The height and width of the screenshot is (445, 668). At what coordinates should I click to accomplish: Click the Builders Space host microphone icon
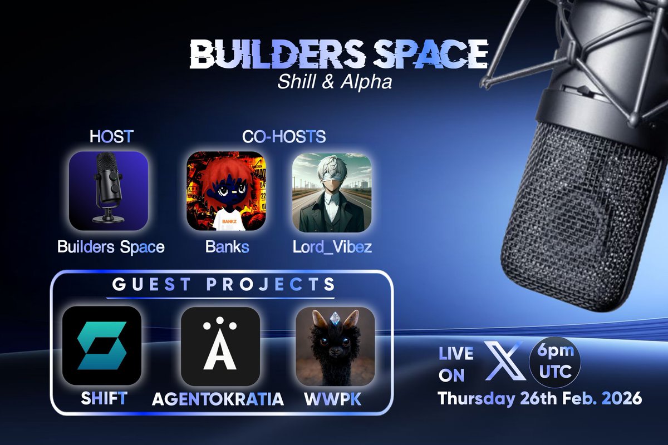(x=109, y=191)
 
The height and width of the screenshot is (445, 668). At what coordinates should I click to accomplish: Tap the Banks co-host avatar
(x=225, y=191)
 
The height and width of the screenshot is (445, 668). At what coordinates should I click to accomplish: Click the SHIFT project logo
(x=102, y=345)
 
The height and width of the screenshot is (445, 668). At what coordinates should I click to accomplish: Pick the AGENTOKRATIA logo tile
(x=220, y=345)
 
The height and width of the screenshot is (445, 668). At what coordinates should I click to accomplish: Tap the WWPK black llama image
(x=335, y=346)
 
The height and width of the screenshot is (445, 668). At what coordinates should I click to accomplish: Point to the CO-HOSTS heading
(x=283, y=137)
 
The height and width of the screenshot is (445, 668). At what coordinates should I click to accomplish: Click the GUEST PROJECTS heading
(x=223, y=285)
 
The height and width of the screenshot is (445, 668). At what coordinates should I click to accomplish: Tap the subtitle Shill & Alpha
(x=335, y=82)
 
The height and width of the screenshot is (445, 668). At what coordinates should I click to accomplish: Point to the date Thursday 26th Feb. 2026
(x=539, y=399)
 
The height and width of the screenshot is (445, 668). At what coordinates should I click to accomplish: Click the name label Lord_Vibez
(x=332, y=246)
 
